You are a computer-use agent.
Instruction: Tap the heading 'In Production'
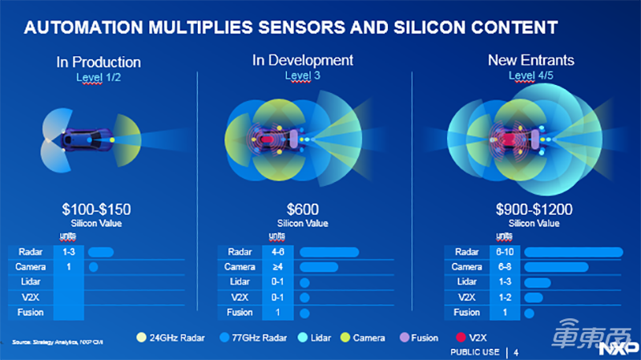pyautogui.click(x=99, y=62)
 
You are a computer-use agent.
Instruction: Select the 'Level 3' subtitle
pyautogui.click(x=302, y=75)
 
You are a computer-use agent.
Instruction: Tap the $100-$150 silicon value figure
pyautogui.click(x=97, y=209)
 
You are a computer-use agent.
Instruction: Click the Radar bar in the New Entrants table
pyautogui.click(x=573, y=252)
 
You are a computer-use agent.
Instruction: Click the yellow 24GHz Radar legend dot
pyautogui.click(x=142, y=338)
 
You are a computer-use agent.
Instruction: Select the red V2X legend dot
pyautogui.click(x=461, y=338)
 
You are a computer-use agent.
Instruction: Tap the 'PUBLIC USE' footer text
pyautogui.click(x=475, y=352)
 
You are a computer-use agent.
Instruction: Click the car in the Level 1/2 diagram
pyautogui.click(x=80, y=140)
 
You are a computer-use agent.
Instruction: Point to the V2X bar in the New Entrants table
pyautogui.click(x=533, y=297)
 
